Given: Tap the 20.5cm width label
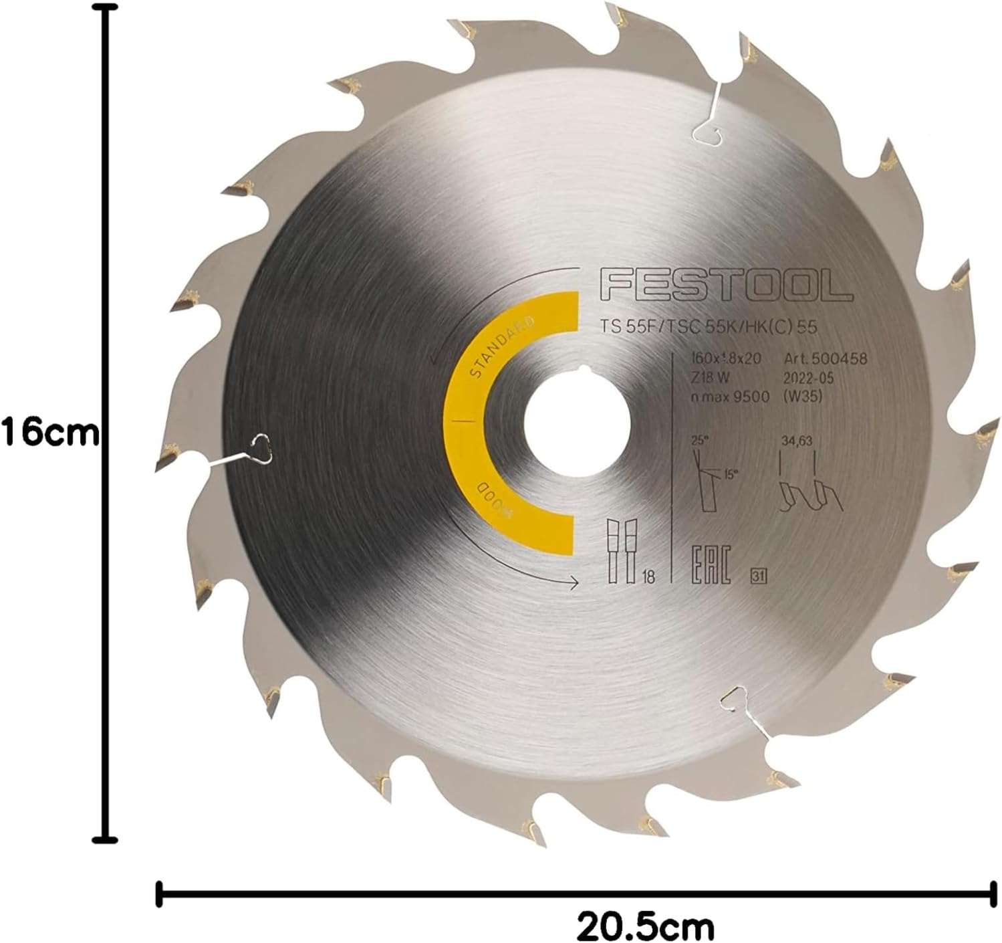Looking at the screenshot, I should [x=646, y=926].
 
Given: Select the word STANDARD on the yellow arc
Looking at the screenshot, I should [x=501, y=350].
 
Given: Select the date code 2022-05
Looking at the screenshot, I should [x=805, y=377].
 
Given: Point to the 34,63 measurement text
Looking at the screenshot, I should [x=796, y=441].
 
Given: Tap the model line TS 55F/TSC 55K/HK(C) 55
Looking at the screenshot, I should [x=709, y=327].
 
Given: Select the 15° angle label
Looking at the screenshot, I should [x=731, y=475].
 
